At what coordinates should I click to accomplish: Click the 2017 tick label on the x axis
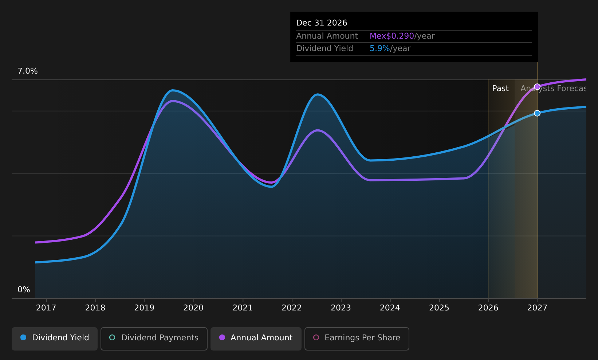click(x=46, y=308)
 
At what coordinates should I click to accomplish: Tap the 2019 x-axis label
click(x=145, y=308)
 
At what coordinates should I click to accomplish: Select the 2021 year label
click(x=243, y=308)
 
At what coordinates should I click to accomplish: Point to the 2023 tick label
click(x=341, y=308)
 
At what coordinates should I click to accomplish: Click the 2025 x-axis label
click(x=439, y=308)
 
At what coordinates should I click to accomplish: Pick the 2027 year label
click(x=538, y=308)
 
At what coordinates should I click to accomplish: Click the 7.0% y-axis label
click(x=28, y=71)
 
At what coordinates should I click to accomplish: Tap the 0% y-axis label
click(x=24, y=290)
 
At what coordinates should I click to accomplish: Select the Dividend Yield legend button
click(x=55, y=339)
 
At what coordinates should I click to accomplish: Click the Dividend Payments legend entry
click(x=154, y=339)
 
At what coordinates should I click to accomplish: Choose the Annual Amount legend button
click(x=256, y=339)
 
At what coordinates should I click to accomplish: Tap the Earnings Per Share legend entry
click(x=357, y=339)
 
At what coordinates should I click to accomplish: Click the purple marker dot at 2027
click(x=538, y=87)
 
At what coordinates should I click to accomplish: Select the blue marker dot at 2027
click(x=538, y=113)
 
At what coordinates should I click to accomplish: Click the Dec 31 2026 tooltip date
click(x=322, y=23)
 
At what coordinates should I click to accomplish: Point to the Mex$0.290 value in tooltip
click(x=392, y=36)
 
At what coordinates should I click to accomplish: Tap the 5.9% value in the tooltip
click(x=379, y=48)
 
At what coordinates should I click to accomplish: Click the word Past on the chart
click(x=500, y=89)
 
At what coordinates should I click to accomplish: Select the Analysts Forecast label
click(x=554, y=89)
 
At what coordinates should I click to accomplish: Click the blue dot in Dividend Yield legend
click(x=24, y=337)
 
